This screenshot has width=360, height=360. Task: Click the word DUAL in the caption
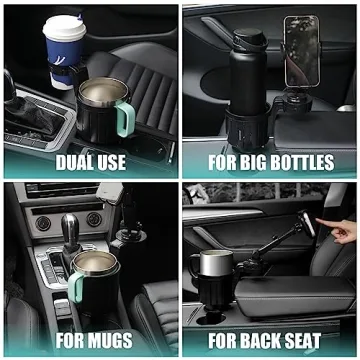pos(74,161)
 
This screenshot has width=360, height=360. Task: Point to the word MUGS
pos(112,342)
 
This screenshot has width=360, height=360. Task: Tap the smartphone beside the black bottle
pos(301,50)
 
